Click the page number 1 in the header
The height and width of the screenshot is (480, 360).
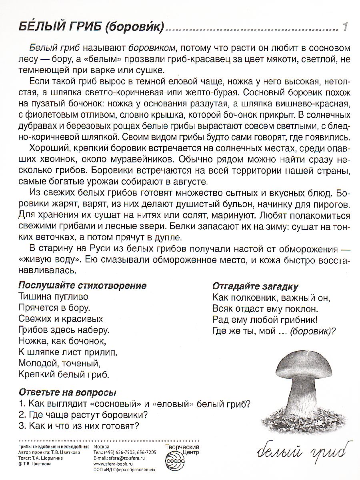(345, 28)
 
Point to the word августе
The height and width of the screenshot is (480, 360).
(191, 181)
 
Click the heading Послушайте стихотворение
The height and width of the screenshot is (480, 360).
(82, 286)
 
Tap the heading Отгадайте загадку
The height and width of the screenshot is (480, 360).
(256, 287)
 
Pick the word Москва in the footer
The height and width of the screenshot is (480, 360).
(101, 447)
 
